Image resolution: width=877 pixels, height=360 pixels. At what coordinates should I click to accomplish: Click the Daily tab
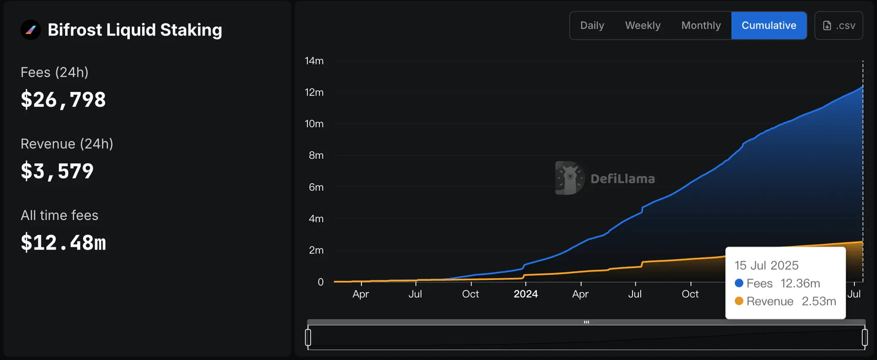click(x=592, y=26)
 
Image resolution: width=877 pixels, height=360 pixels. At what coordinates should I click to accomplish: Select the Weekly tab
click(x=642, y=26)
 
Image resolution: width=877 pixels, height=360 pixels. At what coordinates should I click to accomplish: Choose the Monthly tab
click(x=701, y=26)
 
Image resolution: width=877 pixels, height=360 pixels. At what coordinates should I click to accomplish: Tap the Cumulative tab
click(x=769, y=26)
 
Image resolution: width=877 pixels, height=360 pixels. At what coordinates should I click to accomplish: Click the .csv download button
click(x=838, y=26)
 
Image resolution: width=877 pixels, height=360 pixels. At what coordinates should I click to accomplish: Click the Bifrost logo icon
click(x=31, y=30)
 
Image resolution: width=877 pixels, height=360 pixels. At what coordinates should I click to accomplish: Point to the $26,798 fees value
click(x=63, y=100)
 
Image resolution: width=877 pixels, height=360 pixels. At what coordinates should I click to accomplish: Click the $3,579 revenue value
click(x=57, y=171)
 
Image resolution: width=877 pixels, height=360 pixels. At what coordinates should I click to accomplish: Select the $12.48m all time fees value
click(x=63, y=243)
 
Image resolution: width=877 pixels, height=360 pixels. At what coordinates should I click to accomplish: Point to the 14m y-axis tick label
click(x=314, y=61)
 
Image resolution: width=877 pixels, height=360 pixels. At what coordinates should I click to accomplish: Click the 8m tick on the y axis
click(x=316, y=155)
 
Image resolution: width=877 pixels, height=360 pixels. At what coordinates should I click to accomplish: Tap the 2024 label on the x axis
click(x=525, y=294)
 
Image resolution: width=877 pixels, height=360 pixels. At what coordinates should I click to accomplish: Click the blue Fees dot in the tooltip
click(x=739, y=283)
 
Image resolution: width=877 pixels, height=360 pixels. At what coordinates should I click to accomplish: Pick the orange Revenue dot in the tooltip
click(x=739, y=301)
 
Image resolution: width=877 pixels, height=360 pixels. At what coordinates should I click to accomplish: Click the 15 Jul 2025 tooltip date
click(x=767, y=265)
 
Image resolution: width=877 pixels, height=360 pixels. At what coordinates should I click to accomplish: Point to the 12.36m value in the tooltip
click(x=800, y=283)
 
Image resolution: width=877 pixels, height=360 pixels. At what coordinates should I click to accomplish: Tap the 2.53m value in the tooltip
click(x=818, y=301)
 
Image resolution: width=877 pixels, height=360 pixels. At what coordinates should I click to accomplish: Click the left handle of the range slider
click(x=308, y=337)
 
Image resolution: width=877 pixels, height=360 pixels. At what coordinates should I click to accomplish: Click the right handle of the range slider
click(x=865, y=337)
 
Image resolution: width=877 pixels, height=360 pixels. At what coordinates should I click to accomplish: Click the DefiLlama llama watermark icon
click(x=569, y=178)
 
